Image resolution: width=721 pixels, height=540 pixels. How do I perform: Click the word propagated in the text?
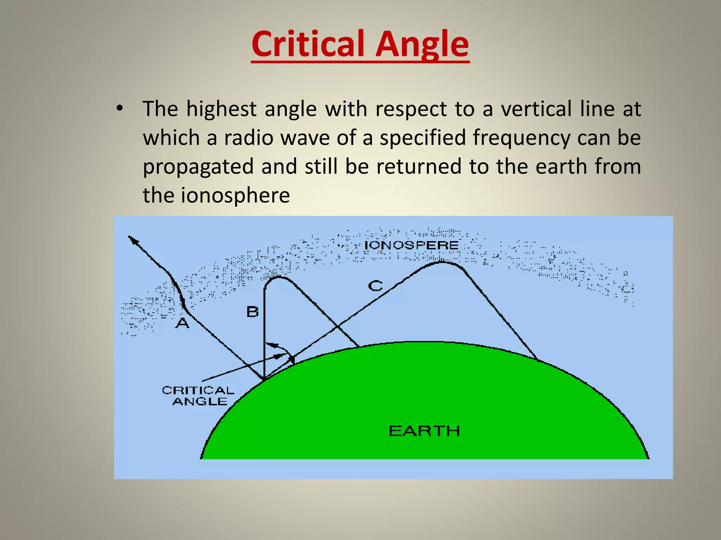[198, 166]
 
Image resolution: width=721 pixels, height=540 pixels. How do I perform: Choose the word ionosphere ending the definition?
[235, 195]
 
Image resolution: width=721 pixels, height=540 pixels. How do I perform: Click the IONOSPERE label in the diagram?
[412, 245]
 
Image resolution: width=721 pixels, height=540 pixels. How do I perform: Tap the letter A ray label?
[182, 322]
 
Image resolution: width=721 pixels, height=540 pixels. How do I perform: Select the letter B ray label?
[252, 312]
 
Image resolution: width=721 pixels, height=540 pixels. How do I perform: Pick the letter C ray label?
[375, 285]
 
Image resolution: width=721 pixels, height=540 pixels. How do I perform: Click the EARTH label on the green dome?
[424, 431]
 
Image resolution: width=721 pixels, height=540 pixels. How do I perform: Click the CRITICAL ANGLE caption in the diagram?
[199, 396]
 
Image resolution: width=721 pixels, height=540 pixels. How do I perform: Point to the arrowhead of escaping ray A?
[131, 239]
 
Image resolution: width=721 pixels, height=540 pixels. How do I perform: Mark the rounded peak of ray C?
[441, 262]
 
